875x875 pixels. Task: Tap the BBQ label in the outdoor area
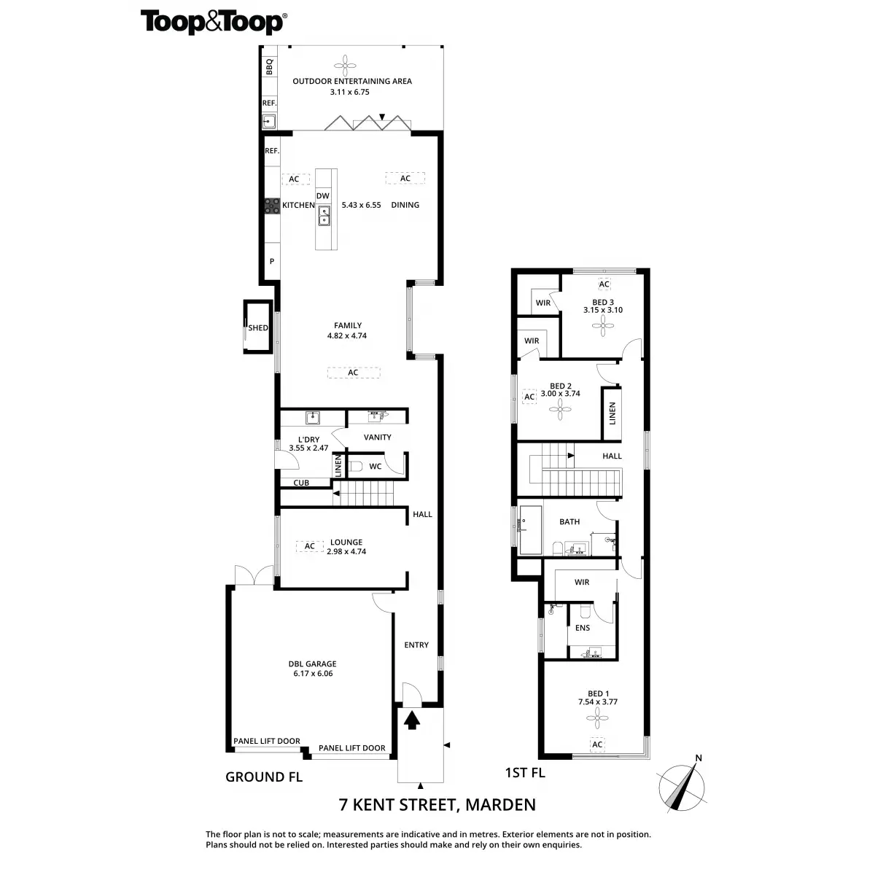click(268, 66)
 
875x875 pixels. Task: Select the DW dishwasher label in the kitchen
click(323, 196)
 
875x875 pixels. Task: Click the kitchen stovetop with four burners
click(272, 206)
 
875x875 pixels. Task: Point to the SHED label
click(258, 328)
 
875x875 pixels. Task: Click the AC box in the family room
click(353, 373)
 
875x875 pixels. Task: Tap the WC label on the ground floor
click(376, 466)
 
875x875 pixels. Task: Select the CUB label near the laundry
click(301, 483)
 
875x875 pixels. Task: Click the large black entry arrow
click(412, 720)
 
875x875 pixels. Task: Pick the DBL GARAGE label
click(312, 664)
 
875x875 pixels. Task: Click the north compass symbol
click(683, 786)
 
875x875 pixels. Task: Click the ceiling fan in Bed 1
click(597, 720)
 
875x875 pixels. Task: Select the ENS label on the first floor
click(583, 628)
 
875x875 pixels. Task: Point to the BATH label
click(569, 521)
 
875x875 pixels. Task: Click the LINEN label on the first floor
click(612, 413)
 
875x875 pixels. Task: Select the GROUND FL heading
click(264, 777)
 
